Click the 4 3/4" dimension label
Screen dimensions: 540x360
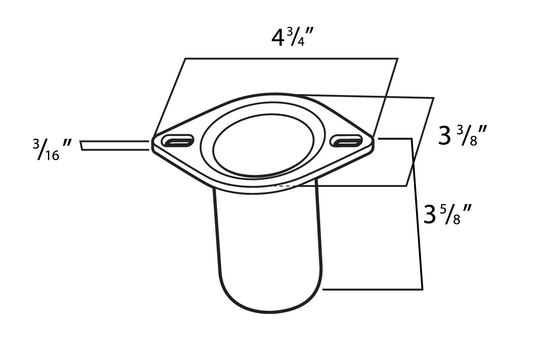point(292,37)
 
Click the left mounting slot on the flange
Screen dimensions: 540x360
point(178,140)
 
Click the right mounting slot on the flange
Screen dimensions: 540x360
point(346,141)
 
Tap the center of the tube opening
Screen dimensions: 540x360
point(264,145)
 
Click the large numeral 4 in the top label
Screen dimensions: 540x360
point(278,38)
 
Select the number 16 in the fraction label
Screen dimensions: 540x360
point(52,156)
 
